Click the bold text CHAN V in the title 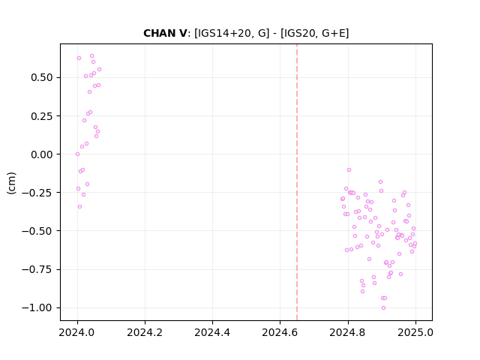click(x=165, y=33)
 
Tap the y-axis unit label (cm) click(x=11, y=183)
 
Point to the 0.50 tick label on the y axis click(x=42, y=77)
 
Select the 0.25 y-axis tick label click(x=42, y=116)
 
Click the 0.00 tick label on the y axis click(x=42, y=154)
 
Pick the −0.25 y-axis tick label click(x=37, y=193)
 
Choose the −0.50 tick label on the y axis click(x=37, y=231)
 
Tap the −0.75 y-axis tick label click(x=37, y=269)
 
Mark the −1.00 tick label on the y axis click(x=37, y=307)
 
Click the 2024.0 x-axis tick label click(x=77, y=332)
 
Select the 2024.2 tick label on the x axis click(x=145, y=332)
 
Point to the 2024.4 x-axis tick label click(x=212, y=332)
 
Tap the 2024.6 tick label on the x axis click(x=280, y=332)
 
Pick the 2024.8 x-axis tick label click(x=348, y=332)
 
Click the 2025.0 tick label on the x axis click(x=415, y=332)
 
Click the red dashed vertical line click(x=297, y=182)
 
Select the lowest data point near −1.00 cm click(x=383, y=308)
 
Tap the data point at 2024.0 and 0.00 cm click(x=77, y=154)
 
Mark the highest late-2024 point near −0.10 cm click(x=349, y=170)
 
